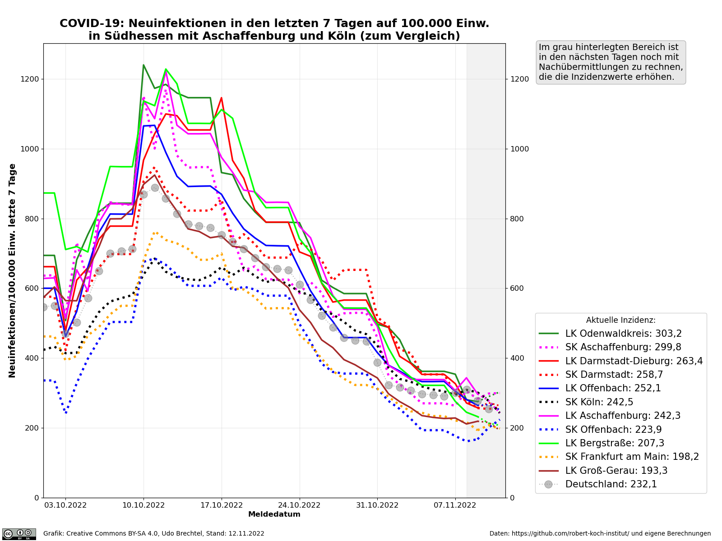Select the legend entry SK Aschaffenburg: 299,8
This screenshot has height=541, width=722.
623,347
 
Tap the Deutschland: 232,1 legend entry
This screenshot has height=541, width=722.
611,484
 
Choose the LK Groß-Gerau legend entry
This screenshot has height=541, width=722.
616,471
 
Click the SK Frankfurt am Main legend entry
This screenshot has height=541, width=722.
632,457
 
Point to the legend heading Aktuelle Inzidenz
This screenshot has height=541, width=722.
620,320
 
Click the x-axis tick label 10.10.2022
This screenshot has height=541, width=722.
143,505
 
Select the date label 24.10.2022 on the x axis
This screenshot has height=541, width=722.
300,505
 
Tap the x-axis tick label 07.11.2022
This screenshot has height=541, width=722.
455,505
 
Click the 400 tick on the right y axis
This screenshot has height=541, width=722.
516,358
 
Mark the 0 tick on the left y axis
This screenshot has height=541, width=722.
37,498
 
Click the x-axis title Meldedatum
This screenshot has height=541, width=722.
274,514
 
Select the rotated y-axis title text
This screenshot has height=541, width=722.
13,270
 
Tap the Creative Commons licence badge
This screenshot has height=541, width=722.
19,534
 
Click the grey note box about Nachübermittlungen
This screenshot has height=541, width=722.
611,62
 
